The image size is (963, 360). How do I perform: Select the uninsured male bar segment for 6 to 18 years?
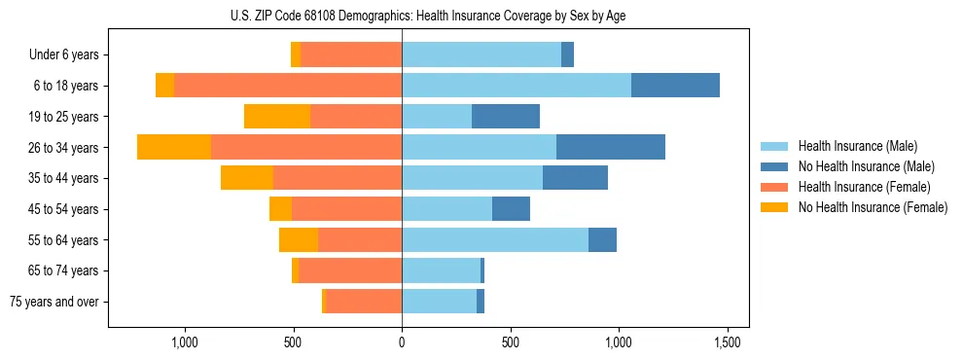675,86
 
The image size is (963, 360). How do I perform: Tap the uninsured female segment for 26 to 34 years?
174,147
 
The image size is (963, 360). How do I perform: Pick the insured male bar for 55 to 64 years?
495,239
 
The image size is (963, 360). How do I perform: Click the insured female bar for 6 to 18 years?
288,86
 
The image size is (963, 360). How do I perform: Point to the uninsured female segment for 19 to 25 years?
277,117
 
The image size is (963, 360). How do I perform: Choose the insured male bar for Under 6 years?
481,54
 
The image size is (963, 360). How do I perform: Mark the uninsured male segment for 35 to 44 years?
575,178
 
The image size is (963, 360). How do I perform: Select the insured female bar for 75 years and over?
364,302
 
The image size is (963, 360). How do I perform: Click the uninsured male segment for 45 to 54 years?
511,209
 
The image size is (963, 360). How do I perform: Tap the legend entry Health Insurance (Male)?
858,146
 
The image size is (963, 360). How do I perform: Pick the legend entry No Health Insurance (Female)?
873,207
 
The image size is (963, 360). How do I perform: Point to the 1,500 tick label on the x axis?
728,342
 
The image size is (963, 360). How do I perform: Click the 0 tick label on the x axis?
402,342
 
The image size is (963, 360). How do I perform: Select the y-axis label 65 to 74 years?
63,270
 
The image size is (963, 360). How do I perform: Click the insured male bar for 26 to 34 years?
479,147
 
